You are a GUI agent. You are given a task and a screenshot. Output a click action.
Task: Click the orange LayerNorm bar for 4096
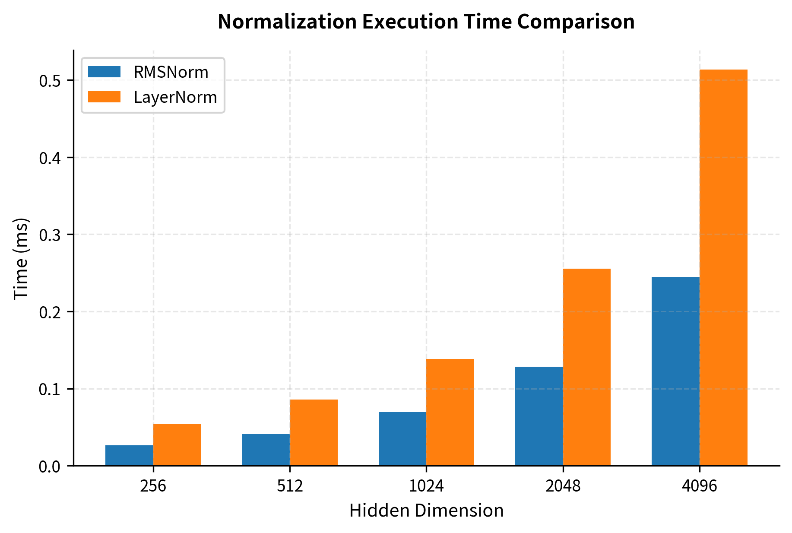click(x=723, y=268)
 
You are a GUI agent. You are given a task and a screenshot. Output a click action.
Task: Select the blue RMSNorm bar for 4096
click(x=675, y=371)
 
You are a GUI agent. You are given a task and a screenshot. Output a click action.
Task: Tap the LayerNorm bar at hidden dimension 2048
click(x=586, y=367)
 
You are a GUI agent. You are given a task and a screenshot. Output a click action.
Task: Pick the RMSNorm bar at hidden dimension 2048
click(x=539, y=416)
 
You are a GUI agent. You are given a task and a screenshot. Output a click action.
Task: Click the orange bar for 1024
click(x=450, y=412)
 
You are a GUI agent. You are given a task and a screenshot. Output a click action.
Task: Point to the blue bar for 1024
click(x=402, y=439)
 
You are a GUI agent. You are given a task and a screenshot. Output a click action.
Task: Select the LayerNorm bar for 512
click(x=314, y=432)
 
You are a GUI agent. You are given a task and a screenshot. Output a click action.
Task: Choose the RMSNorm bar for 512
click(x=266, y=450)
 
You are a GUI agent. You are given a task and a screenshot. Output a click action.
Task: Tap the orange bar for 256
click(x=177, y=444)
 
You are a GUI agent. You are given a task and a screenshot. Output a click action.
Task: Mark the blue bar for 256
click(x=129, y=455)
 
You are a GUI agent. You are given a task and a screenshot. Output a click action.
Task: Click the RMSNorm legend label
click(x=171, y=72)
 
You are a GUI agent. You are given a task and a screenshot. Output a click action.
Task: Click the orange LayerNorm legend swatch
click(x=104, y=97)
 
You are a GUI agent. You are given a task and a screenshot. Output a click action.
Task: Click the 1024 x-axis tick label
click(x=426, y=486)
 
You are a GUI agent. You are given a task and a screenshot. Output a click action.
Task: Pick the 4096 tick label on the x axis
click(x=699, y=486)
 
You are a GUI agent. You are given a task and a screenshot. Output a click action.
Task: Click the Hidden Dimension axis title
click(x=426, y=511)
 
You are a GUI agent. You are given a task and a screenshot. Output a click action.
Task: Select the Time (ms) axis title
click(x=21, y=258)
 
